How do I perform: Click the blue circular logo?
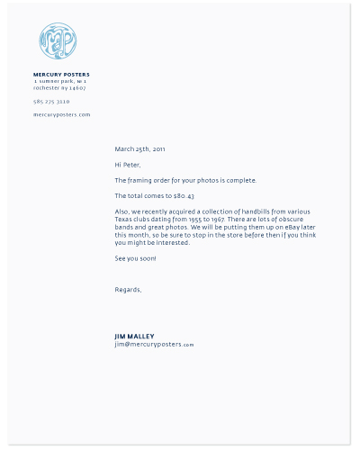point(58,41)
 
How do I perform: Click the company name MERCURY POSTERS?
point(61,75)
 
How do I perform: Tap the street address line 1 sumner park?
point(59,81)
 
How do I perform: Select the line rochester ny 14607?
point(59,88)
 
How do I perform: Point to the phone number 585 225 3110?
point(51,102)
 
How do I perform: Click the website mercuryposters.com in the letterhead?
point(61,115)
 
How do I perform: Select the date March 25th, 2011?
point(139,148)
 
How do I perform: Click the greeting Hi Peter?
point(128,165)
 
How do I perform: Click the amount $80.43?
point(184,195)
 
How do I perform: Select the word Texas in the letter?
point(124,220)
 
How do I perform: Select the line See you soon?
point(135,258)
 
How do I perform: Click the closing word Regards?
point(128,290)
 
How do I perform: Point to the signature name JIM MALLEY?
point(135,337)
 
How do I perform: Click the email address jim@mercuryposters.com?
point(154,345)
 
